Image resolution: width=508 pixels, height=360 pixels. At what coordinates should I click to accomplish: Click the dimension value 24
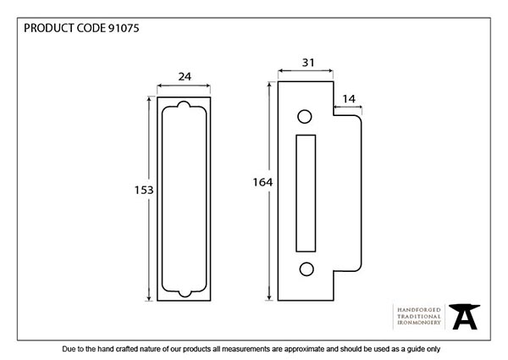click(185, 76)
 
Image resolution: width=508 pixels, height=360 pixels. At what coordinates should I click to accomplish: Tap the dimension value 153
click(144, 191)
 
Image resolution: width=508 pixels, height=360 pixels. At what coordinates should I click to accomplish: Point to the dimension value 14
click(348, 99)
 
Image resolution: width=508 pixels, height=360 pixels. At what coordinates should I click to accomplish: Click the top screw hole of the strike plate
click(303, 115)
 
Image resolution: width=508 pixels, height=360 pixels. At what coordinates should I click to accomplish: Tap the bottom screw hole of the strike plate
click(303, 269)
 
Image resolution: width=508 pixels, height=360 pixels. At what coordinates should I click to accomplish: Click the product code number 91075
click(123, 28)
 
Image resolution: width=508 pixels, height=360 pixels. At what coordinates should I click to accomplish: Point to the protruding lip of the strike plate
click(349, 192)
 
